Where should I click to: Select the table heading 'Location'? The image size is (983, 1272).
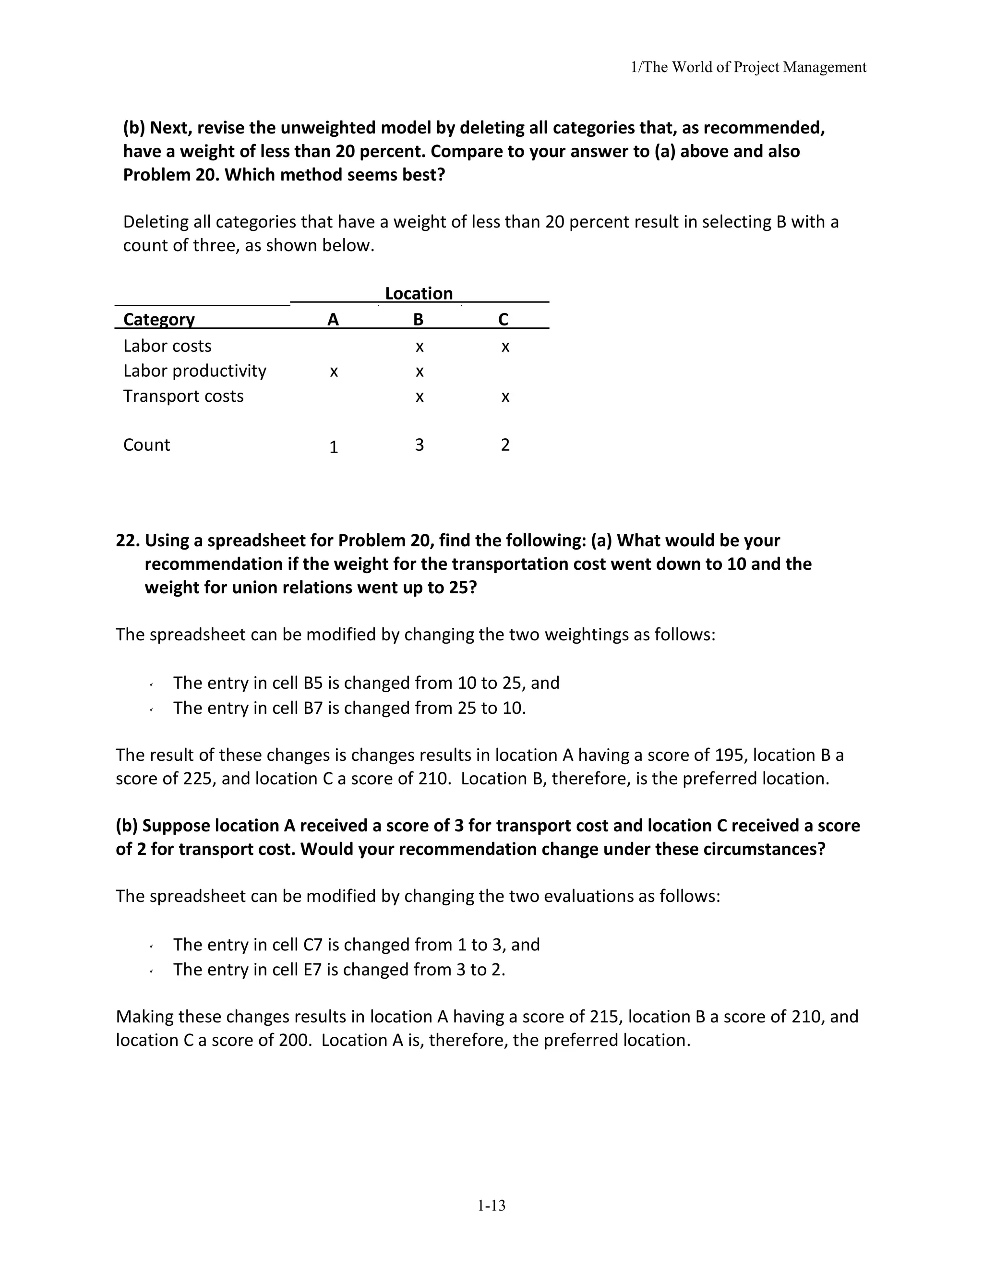click(418, 294)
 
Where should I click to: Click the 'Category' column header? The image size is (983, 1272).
click(159, 319)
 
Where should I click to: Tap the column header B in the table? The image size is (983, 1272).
click(418, 319)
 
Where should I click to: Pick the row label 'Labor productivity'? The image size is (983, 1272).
click(194, 371)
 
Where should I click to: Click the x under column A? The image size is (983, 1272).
click(334, 372)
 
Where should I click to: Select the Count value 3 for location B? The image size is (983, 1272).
click(420, 445)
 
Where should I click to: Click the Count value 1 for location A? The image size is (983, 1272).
click(334, 447)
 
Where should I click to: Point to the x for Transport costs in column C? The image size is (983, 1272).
click(505, 396)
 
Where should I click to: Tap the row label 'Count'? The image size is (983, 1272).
click(147, 445)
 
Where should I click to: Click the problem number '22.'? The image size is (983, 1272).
click(128, 540)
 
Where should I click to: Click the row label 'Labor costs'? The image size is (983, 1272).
click(167, 346)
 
